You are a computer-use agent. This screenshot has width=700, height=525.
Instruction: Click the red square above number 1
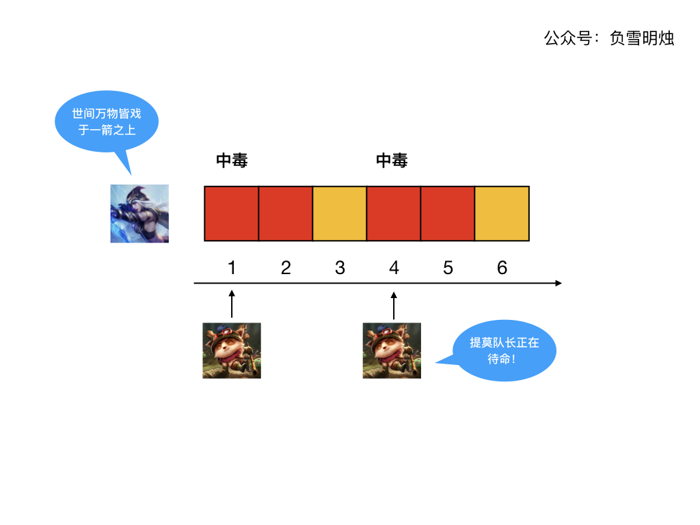pos(232,213)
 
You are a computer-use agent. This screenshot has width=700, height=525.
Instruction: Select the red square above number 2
pos(286,213)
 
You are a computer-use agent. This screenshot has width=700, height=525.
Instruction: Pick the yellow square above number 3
pos(340,213)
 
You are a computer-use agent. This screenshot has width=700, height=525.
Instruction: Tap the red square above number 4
pos(394,213)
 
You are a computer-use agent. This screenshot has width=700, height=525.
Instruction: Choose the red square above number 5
pos(448,213)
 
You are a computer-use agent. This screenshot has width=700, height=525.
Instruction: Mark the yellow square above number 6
pos(502,213)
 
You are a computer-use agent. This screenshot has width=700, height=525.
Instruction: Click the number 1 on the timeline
pos(232,267)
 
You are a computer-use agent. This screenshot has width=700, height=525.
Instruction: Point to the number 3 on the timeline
pos(340,267)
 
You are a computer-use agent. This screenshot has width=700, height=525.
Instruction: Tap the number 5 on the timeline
pos(448,267)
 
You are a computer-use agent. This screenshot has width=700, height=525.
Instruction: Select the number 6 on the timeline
pos(502,267)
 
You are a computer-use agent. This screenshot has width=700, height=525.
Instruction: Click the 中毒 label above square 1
pos(232,161)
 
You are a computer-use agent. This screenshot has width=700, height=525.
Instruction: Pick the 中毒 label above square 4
pos(392,161)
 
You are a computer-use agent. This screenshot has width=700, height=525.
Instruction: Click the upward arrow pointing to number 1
pos(232,304)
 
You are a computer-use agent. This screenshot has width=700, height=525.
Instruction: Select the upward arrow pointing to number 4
pos(394,304)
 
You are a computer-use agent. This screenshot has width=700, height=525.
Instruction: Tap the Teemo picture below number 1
pos(232,350)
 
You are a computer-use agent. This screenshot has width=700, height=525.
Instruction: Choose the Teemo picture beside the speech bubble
pos(392,350)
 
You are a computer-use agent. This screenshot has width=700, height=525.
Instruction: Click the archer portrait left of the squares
pos(139,213)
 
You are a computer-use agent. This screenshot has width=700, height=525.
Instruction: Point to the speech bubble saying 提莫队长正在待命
pos(504,351)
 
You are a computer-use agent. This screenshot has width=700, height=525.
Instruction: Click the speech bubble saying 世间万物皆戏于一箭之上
pos(107,122)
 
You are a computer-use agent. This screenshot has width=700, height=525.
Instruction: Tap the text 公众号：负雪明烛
pos(609,38)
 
